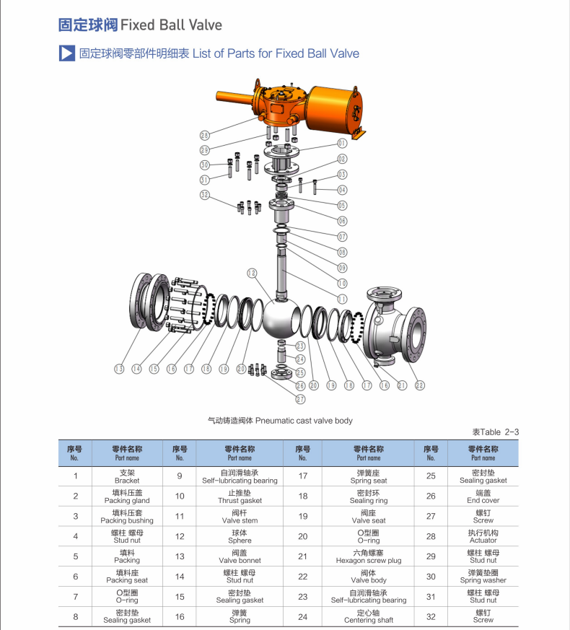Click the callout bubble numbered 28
click(x=204, y=136)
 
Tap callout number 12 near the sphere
click(x=252, y=274)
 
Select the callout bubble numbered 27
click(x=300, y=399)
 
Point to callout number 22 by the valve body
click(x=419, y=385)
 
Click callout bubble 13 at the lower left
click(x=119, y=369)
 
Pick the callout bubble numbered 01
click(x=342, y=144)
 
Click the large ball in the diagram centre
click(x=279, y=318)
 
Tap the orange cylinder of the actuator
click(x=334, y=109)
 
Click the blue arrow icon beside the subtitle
click(x=66, y=53)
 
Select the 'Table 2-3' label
click(x=495, y=432)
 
